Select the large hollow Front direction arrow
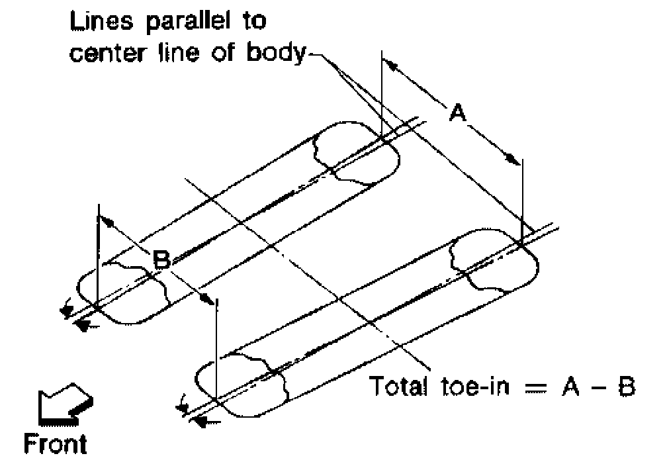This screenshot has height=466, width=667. click(64, 404)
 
